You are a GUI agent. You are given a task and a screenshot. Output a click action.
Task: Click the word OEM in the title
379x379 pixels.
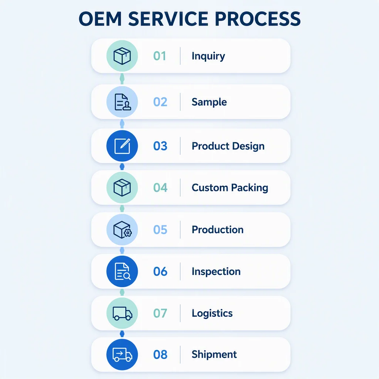pos(100,19)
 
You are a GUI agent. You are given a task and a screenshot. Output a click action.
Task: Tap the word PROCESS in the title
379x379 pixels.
pos(258,19)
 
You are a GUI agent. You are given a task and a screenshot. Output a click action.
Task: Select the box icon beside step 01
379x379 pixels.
pos(122,56)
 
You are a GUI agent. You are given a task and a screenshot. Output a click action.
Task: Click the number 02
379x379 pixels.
pos(160,102)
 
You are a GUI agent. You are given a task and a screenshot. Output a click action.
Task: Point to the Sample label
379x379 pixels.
pos(209,102)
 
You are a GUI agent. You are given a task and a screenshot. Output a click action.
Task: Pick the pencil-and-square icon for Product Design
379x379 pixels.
pos(122,146)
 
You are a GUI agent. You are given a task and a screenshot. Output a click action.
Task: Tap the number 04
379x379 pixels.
pos(160,188)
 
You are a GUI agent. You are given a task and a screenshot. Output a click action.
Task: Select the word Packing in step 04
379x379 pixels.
pos(249,188)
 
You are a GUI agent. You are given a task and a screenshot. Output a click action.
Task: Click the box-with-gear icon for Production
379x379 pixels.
pos(123,229)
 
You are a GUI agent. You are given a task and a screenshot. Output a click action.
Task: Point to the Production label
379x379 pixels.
pos(218,229)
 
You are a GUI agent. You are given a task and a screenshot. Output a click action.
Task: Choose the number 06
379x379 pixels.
pos(160,271)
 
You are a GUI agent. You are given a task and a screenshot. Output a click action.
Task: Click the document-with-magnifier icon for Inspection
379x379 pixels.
pos(123,271)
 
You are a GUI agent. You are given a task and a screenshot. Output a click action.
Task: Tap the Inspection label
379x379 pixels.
pos(216,272)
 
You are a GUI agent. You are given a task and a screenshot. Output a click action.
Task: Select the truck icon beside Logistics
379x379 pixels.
pos(122,313)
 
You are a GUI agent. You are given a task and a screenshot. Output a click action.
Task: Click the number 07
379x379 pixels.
pos(160,313)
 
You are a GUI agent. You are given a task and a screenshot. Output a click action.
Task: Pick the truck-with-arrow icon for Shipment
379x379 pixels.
pos(122,355)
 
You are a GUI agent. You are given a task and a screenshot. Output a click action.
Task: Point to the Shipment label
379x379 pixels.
pos(214,355)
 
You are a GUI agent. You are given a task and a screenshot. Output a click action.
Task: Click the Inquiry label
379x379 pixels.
pos(208,56)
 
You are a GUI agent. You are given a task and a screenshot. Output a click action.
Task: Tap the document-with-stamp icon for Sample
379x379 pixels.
pos(123,102)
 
